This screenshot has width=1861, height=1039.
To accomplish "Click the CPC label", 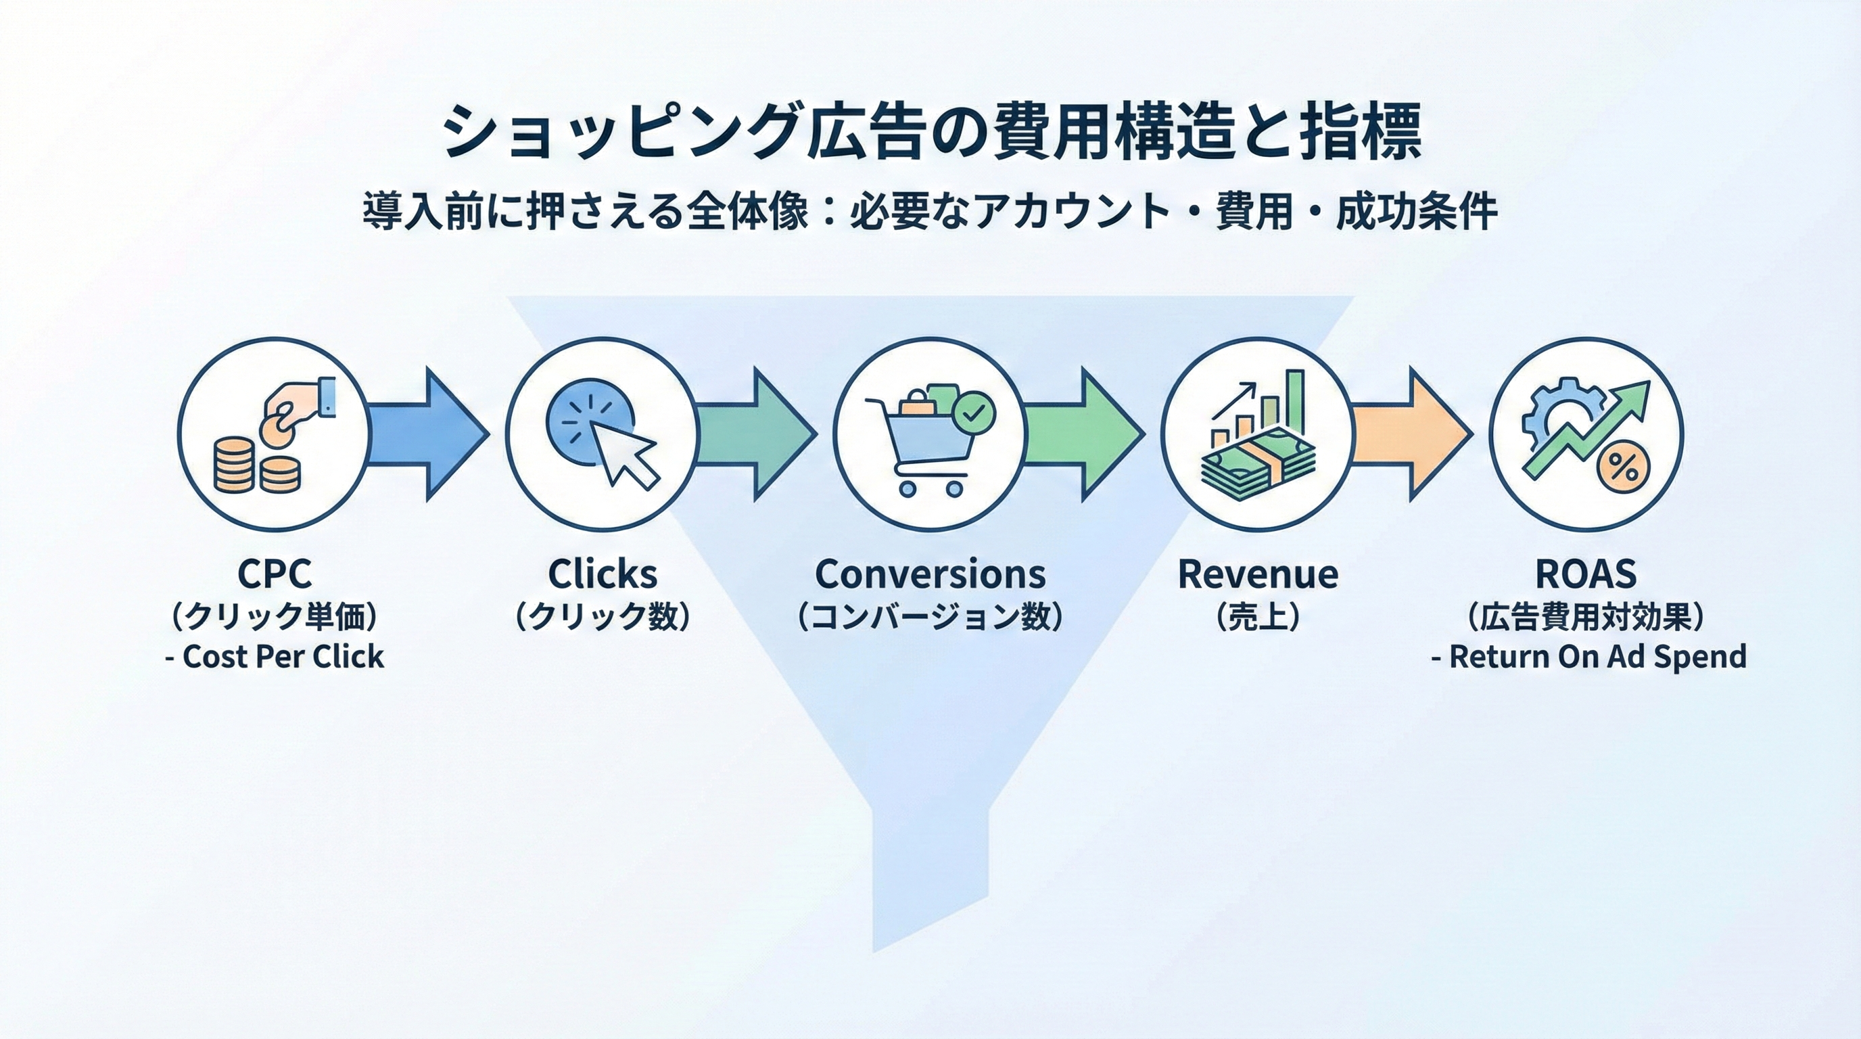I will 275,574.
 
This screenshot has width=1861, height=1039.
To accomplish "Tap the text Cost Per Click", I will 283,657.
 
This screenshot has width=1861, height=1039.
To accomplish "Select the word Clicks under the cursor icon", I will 603,574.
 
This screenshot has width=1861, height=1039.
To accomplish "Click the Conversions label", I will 930,574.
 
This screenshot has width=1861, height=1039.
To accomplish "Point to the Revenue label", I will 1258,574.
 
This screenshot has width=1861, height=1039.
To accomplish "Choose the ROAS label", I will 1586,574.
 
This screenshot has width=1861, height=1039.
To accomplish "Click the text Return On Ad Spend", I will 1597,657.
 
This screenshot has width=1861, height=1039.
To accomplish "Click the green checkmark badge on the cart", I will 973,413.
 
